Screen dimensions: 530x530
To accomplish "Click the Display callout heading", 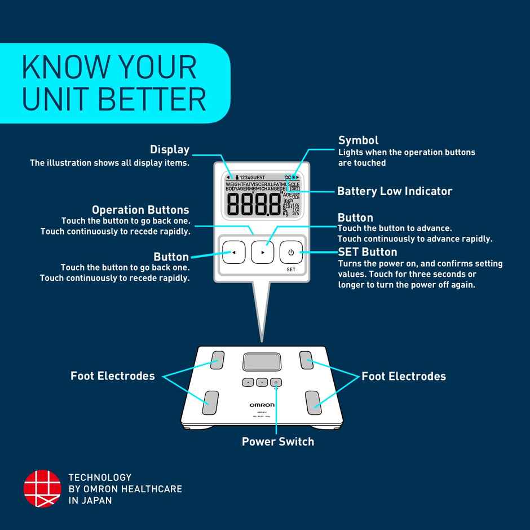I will click(169, 149).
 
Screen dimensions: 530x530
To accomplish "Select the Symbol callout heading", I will click(358, 140).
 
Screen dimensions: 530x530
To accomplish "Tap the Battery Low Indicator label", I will click(395, 191).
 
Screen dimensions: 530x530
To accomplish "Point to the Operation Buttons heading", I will click(140, 210).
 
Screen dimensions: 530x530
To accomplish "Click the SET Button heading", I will click(367, 251).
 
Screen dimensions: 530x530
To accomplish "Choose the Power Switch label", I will click(278, 441).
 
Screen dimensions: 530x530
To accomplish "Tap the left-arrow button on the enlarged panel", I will click(233, 252).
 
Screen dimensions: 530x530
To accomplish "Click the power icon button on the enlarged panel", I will click(291, 252).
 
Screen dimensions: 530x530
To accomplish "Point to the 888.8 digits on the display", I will click(253, 204).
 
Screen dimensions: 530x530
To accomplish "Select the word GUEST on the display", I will click(258, 177).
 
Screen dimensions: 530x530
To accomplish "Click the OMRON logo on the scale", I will click(262, 405).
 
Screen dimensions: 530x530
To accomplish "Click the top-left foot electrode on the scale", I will click(218, 360).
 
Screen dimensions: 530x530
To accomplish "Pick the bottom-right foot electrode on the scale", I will click(313, 401).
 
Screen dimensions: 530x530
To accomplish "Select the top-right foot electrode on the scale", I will click(307, 360).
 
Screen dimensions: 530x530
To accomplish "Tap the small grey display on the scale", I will click(262, 362).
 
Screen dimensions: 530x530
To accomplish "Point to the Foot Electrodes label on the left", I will click(112, 376).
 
